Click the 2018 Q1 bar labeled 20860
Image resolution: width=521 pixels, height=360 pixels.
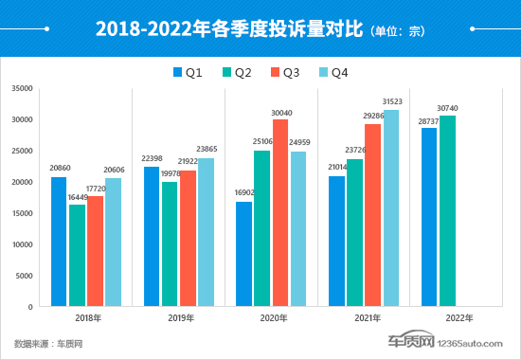point(59,243)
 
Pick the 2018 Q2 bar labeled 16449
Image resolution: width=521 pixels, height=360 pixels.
point(77,257)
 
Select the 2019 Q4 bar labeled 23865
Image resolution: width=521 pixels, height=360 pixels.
point(206,233)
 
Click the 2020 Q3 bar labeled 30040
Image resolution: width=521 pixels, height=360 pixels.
point(280,213)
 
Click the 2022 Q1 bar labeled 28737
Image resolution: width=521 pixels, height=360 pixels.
point(429,218)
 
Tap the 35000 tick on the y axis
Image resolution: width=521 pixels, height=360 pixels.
point(23,89)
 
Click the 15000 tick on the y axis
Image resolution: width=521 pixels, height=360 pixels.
point(23,214)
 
